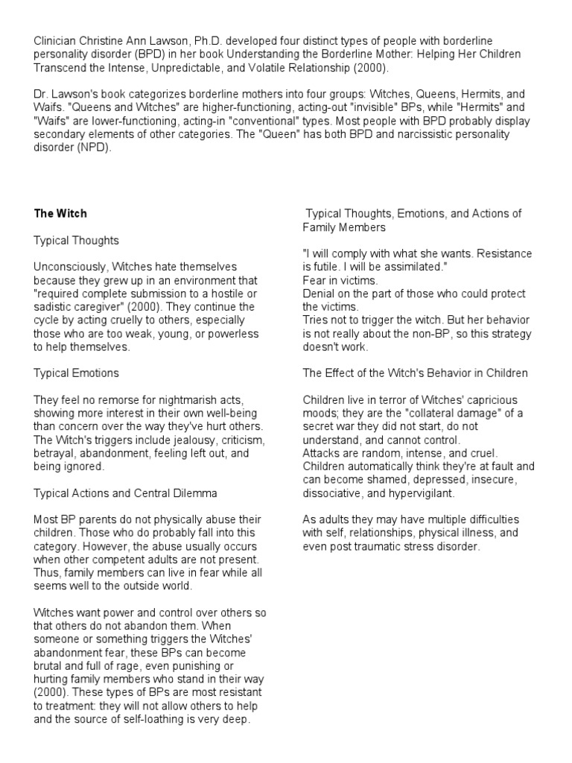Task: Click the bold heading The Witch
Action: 60,213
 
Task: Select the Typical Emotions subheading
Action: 76,373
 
